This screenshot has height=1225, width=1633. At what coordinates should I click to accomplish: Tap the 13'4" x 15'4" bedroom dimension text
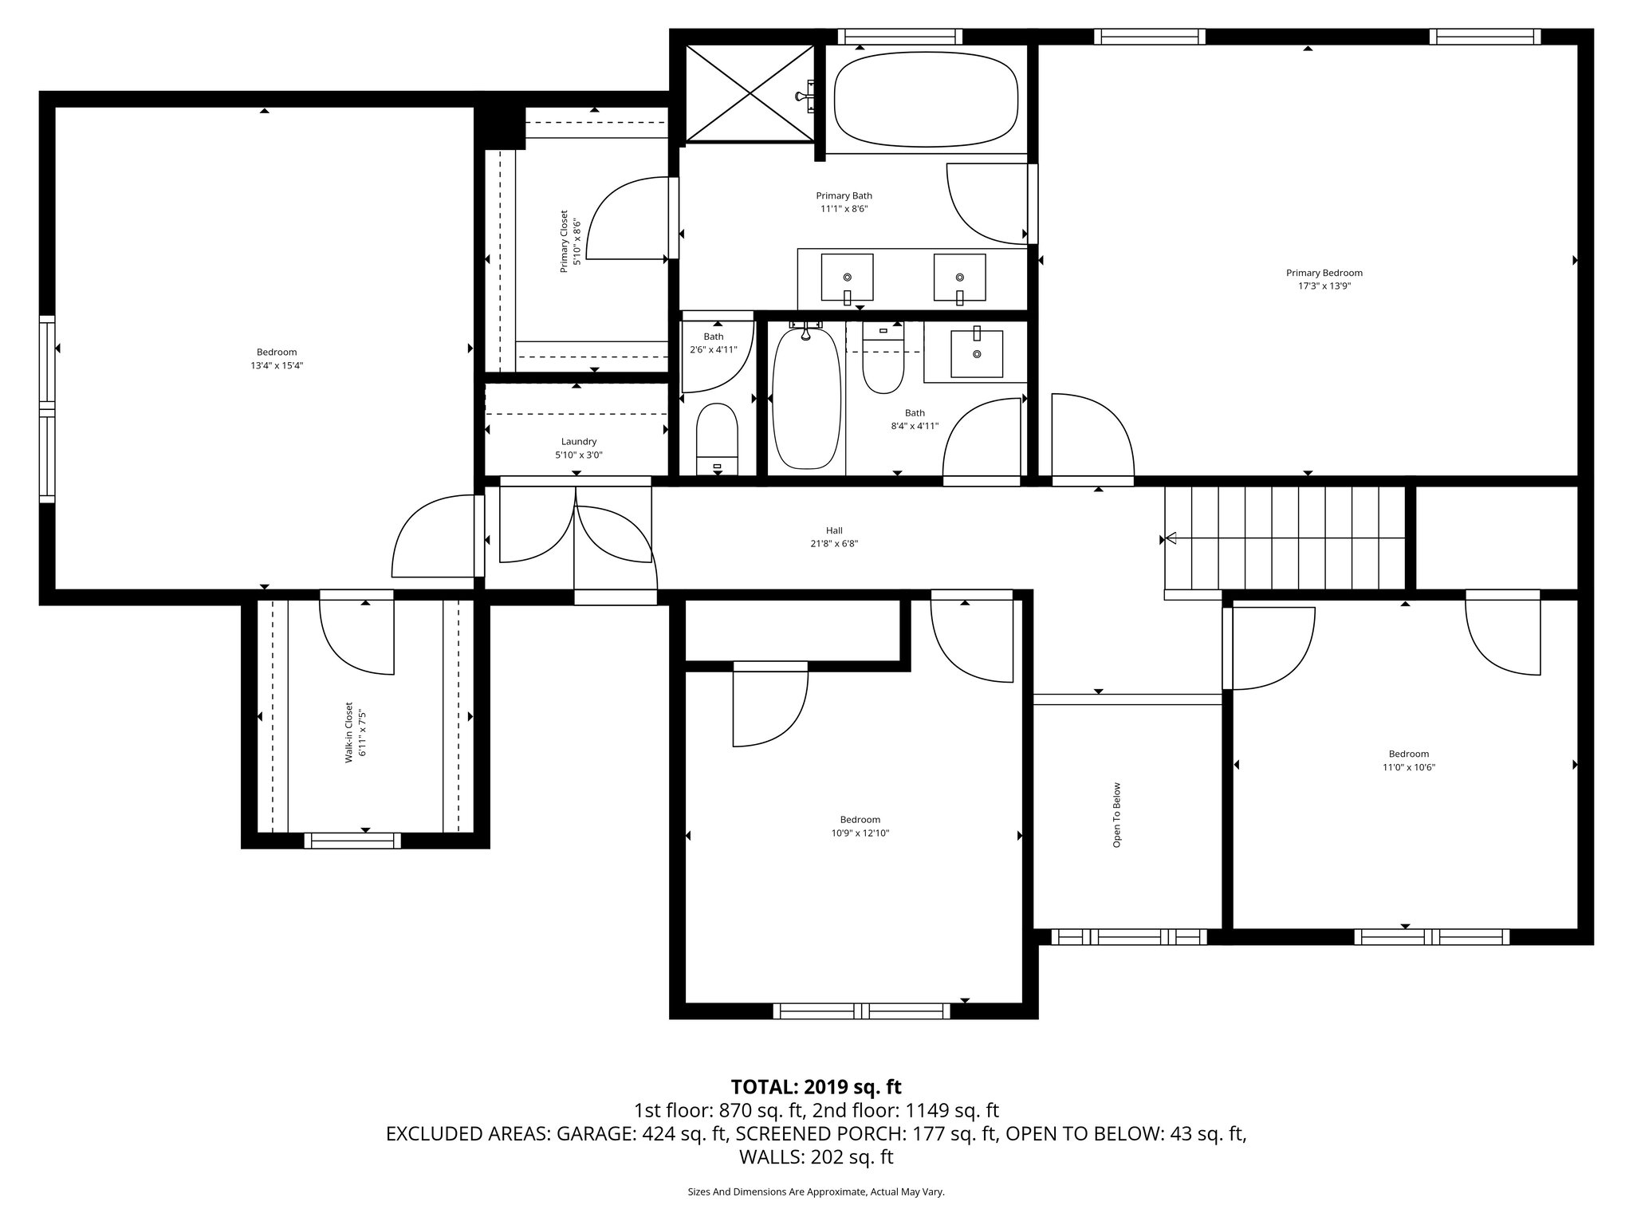pos(277,366)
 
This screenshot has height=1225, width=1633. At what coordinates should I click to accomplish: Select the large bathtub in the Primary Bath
pos(926,98)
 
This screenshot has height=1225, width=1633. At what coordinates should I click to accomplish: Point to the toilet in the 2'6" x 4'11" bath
pos(717,437)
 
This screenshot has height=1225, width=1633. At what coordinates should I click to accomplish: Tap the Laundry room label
pos(578,442)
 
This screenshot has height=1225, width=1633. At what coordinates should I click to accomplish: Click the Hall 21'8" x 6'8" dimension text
pos(834,544)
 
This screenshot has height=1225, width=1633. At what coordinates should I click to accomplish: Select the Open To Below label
pos(1116,814)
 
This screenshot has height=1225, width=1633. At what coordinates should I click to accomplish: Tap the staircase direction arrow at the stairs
pos(1171,538)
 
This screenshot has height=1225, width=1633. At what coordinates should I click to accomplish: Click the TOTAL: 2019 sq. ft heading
pos(816,1086)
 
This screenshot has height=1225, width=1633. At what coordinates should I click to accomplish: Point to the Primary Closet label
pos(564,242)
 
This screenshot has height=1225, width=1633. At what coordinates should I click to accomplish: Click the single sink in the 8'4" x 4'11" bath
pos(976,353)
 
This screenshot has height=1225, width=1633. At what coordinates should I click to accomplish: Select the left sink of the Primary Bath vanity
pos(847,278)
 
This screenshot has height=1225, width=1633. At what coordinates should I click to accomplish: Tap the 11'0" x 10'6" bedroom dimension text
pos(1408,767)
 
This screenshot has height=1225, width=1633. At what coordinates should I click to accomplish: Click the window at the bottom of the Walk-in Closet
pos(352,840)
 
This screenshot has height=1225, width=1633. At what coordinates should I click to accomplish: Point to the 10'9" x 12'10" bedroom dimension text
pos(860,833)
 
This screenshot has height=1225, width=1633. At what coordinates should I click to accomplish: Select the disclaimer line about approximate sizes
pos(816,1192)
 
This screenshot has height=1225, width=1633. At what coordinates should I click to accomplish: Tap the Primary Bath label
pos(844,195)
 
